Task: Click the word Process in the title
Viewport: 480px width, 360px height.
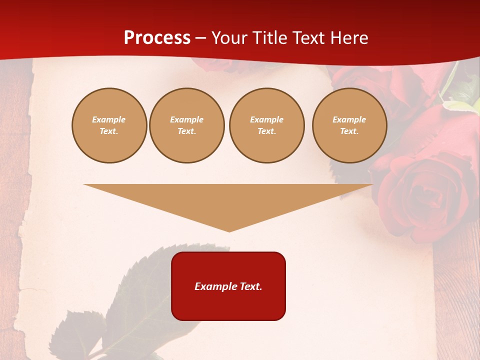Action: click(x=157, y=38)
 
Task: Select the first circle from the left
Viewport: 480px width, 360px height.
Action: click(x=109, y=125)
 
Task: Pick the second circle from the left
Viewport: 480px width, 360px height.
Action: click(x=187, y=125)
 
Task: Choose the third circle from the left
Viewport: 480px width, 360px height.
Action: click(x=266, y=125)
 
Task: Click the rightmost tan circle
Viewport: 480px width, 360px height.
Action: click(x=349, y=125)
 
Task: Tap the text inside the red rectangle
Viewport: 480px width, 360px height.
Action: click(x=228, y=286)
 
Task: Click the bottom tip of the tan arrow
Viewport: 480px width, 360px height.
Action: click(x=229, y=230)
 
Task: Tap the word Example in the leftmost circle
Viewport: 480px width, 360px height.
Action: click(x=109, y=120)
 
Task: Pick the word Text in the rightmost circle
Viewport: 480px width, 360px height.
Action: click(x=349, y=131)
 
